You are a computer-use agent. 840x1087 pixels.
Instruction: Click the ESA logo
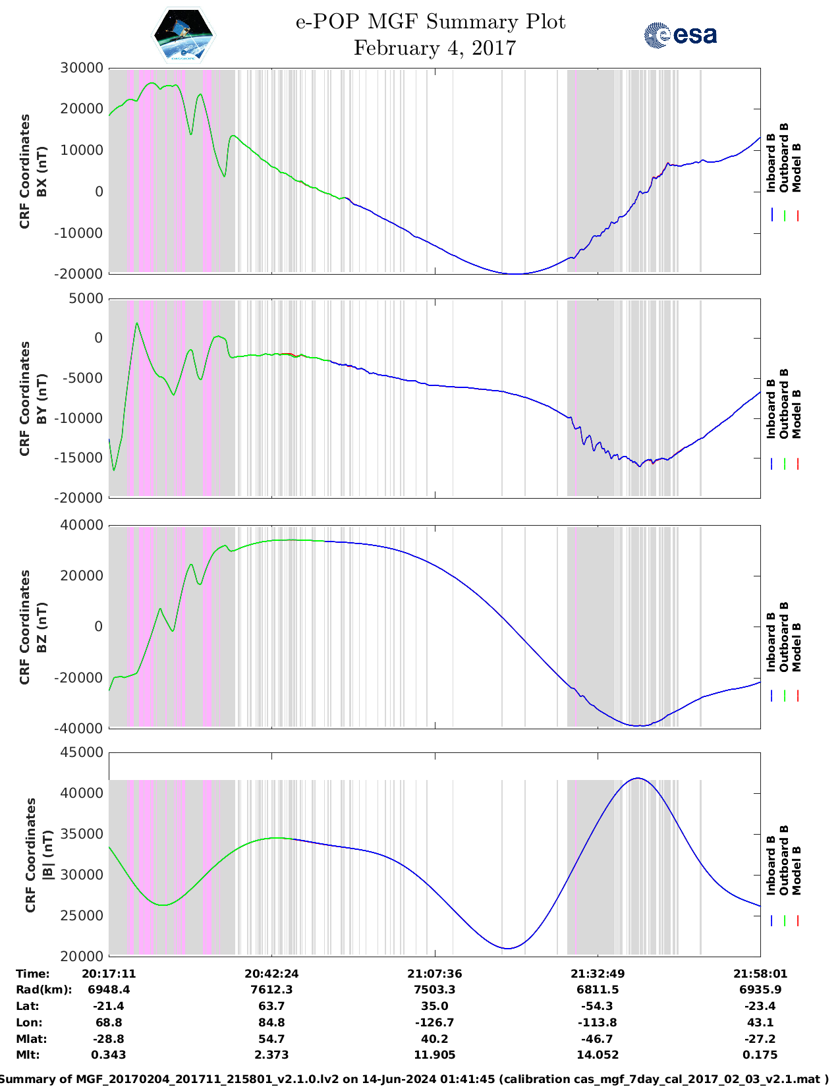(x=680, y=35)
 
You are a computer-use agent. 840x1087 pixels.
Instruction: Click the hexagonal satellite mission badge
(x=183, y=36)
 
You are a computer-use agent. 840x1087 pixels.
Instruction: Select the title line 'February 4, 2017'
(x=434, y=48)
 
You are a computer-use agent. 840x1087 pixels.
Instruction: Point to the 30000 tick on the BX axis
(x=82, y=68)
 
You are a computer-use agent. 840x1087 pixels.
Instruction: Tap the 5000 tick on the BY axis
(x=86, y=298)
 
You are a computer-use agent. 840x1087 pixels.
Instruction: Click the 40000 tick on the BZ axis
(x=82, y=525)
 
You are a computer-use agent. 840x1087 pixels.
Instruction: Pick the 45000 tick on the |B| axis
(x=82, y=752)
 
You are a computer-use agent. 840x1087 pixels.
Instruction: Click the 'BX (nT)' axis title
(x=42, y=171)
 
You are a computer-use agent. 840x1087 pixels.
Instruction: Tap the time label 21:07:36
(x=434, y=973)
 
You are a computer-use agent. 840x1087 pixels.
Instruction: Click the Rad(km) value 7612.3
(x=271, y=989)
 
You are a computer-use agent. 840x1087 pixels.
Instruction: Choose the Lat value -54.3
(x=598, y=1006)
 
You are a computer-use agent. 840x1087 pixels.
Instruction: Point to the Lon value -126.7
(x=434, y=1022)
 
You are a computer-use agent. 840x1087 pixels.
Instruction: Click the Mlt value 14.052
(x=598, y=1055)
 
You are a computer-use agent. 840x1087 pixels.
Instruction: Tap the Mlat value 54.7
(x=271, y=1039)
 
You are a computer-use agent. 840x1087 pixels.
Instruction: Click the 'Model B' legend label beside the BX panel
(x=797, y=167)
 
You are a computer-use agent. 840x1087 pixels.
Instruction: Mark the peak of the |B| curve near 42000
(x=637, y=778)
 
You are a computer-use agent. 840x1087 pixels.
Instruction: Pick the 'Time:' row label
(x=33, y=973)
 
